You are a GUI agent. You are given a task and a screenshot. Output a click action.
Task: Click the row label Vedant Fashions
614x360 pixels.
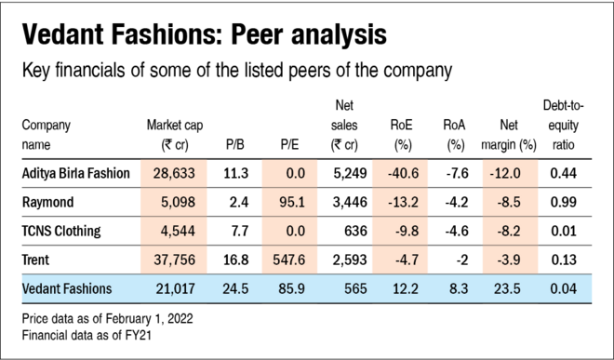point(66,289)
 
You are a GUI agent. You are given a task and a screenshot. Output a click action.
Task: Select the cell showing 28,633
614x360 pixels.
point(173,173)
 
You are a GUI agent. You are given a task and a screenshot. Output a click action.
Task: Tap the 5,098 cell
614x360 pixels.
point(173,202)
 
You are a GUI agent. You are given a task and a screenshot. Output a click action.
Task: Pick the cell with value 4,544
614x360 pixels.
point(173,231)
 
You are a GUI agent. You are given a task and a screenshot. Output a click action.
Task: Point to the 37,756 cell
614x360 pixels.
point(173,260)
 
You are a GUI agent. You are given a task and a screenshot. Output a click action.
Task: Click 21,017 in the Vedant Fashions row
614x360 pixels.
point(173,289)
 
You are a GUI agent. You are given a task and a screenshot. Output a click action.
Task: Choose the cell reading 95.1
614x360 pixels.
point(289,202)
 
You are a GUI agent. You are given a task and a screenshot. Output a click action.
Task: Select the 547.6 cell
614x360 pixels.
point(289,260)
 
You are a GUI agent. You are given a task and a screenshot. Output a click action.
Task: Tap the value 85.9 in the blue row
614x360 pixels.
point(289,289)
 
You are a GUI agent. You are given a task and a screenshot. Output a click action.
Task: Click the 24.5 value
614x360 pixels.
point(234,289)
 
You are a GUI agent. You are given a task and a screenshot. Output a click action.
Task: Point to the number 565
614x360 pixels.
point(354,289)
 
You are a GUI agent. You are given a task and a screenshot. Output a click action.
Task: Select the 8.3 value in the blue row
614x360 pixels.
point(458,289)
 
